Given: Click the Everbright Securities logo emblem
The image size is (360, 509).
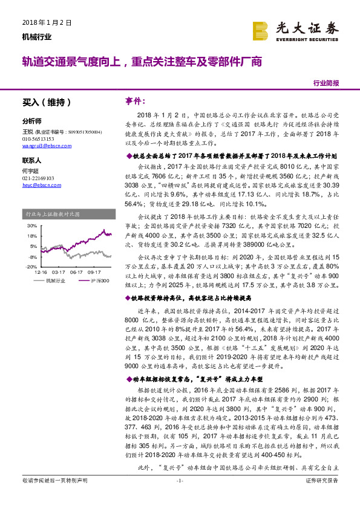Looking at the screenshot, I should tap(261, 28).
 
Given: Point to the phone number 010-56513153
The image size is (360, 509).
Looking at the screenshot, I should tap(38, 138).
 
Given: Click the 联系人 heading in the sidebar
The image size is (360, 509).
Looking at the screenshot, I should tap(31, 161).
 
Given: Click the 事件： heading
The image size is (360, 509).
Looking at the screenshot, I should tap(136, 100).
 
